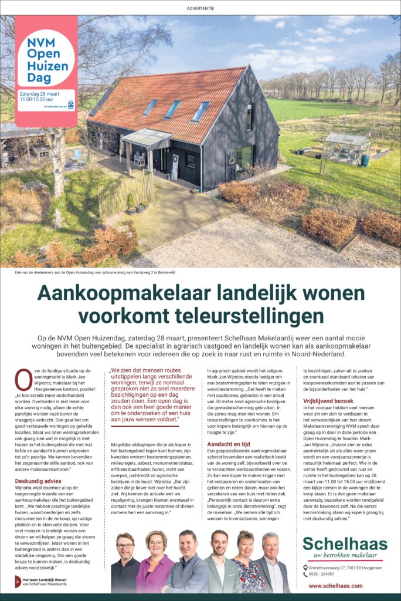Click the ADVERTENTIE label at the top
[x=200, y=8]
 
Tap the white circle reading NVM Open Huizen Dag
[x=46, y=58]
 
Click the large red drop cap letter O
[x=23, y=380]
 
